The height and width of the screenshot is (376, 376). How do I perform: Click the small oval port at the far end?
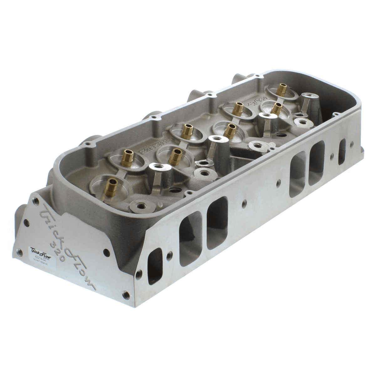(x=342, y=152)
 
